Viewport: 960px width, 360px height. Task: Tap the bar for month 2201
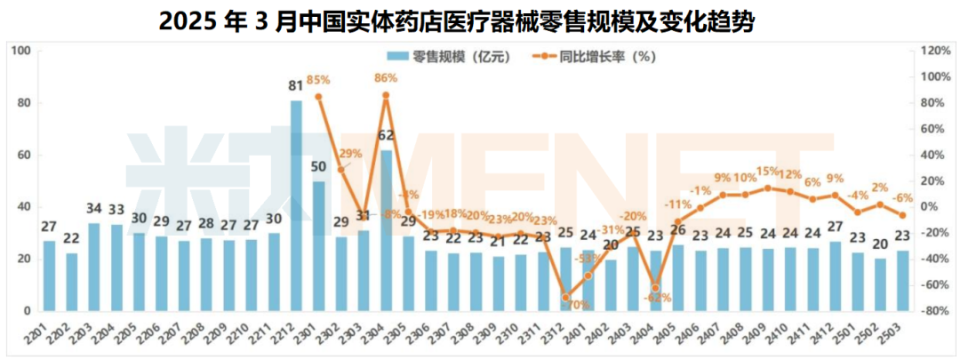[x=49, y=276]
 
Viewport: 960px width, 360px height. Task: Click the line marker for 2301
[x=318, y=96]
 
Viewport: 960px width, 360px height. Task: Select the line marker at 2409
[x=768, y=188]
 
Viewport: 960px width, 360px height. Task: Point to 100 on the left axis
[x=22, y=51]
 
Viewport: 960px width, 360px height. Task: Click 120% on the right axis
[x=935, y=51]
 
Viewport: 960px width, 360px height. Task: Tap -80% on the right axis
[x=935, y=312]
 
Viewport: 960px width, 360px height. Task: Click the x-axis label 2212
[x=292, y=332]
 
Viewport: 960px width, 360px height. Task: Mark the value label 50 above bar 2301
[x=318, y=166]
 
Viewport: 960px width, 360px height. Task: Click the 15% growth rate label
[x=767, y=172]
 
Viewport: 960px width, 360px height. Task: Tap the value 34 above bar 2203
[x=94, y=208]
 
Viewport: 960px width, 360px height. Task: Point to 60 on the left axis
[x=26, y=155]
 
